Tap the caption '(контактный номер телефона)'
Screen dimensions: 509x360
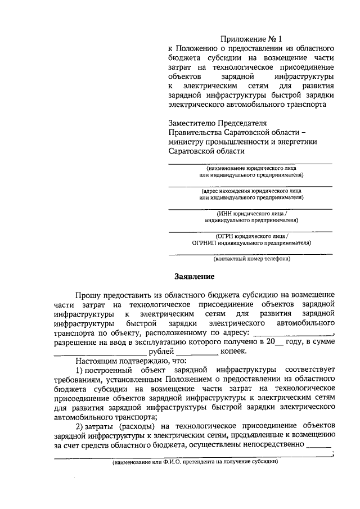pyautogui.click(x=251, y=260)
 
